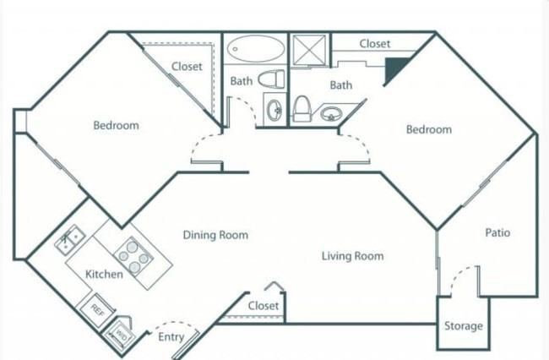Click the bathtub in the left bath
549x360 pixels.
click(x=256, y=48)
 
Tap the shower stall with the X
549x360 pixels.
click(x=309, y=50)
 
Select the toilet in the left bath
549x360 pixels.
click(x=271, y=79)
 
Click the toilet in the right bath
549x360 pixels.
click(x=302, y=109)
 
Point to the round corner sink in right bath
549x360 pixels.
click(x=329, y=113)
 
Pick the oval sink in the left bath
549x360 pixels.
click(x=274, y=109)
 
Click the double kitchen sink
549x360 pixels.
click(x=70, y=239)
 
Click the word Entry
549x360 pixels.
click(x=171, y=337)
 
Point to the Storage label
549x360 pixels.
click(x=464, y=326)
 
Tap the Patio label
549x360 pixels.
click(x=497, y=232)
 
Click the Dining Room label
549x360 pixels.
click(x=215, y=235)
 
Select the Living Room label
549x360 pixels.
click(x=352, y=256)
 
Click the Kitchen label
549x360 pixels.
click(x=105, y=274)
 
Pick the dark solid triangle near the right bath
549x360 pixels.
click(x=394, y=69)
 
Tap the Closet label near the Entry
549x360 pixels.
click(x=264, y=306)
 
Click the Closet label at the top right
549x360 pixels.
click(x=375, y=44)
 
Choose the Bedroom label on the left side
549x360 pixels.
click(x=117, y=125)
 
